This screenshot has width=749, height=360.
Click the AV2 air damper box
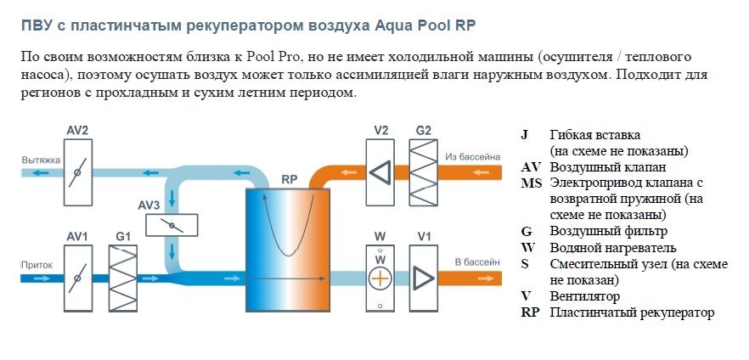click(77, 172)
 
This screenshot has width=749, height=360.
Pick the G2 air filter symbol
click(424, 172)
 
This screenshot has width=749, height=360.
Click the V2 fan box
click(380, 172)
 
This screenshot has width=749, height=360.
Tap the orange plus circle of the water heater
click(380, 278)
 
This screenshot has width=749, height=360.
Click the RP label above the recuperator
click(289, 180)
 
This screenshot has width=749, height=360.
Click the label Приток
click(37, 265)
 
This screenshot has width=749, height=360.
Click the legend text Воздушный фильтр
click(607, 231)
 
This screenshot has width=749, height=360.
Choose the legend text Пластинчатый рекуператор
click(632, 312)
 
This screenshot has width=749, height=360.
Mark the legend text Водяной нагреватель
click(612, 247)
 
